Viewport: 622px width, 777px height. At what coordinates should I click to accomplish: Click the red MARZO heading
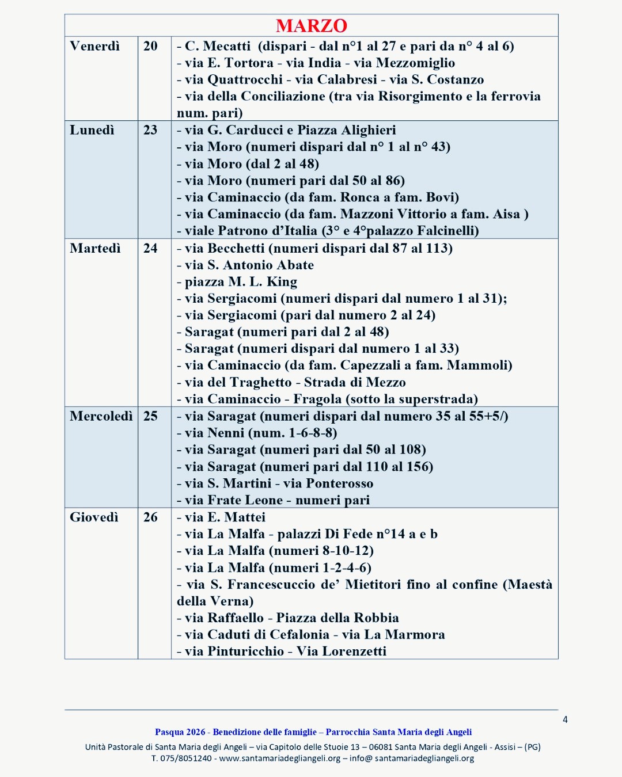click(311, 26)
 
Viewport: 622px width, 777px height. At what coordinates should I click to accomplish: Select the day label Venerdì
click(94, 46)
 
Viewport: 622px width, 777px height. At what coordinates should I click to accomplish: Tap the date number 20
click(150, 46)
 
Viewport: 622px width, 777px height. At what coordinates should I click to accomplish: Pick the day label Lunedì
click(92, 130)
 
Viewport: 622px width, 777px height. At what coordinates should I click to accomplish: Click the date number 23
click(150, 130)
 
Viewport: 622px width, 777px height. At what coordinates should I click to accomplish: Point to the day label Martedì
click(95, 248)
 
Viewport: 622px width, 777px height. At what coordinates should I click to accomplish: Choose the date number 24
click(150, 248)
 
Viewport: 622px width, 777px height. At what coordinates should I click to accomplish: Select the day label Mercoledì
click(101, 416)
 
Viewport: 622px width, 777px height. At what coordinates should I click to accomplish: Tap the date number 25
click(150, 416)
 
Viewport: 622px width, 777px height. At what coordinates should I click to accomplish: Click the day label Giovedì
click(94, 517)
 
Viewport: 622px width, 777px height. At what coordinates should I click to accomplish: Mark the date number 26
click(150, 517)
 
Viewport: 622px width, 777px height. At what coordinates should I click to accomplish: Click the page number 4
click(565, 719)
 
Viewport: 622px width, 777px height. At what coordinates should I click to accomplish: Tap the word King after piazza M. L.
click(282, 282)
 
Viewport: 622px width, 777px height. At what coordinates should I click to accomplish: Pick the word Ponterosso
click(340, 483)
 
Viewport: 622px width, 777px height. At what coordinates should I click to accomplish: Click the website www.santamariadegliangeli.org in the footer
click(280, 759)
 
